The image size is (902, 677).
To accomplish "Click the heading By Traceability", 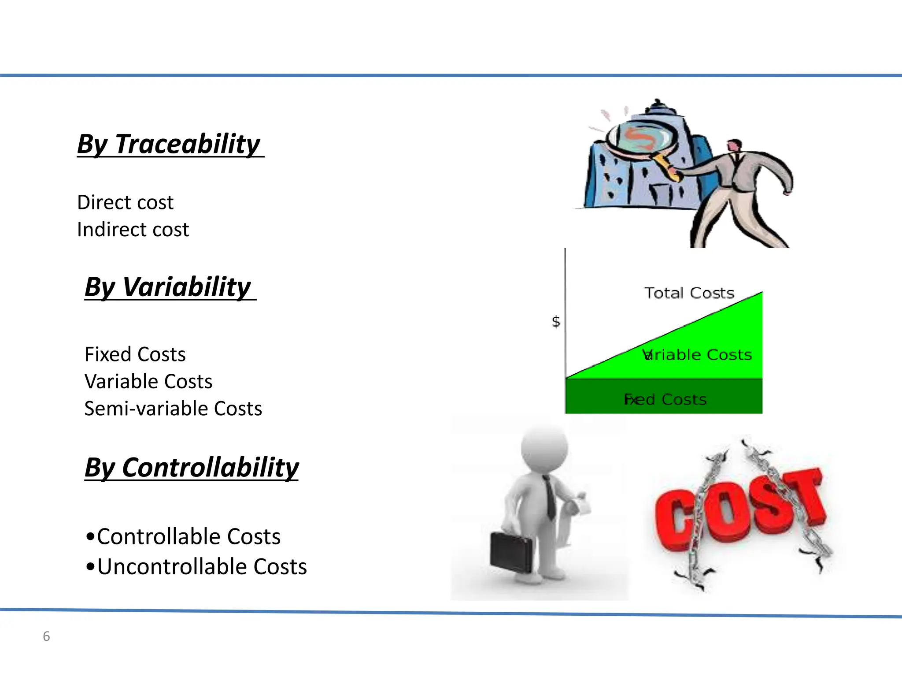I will coord(170,144).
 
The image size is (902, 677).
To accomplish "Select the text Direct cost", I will coord(125,203).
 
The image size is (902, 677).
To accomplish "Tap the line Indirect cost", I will coord(133,230).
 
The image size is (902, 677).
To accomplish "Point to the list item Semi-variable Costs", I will coord(173,409).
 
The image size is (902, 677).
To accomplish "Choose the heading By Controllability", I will coord(192,467).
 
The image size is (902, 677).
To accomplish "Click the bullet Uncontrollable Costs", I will coord(201,567).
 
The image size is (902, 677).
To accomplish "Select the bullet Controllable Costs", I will coord(188,537).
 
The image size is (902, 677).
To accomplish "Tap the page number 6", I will coord(46,636).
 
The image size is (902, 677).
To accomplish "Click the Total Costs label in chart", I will coord(689,293).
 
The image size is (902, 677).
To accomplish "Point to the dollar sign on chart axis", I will coord(556,322).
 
